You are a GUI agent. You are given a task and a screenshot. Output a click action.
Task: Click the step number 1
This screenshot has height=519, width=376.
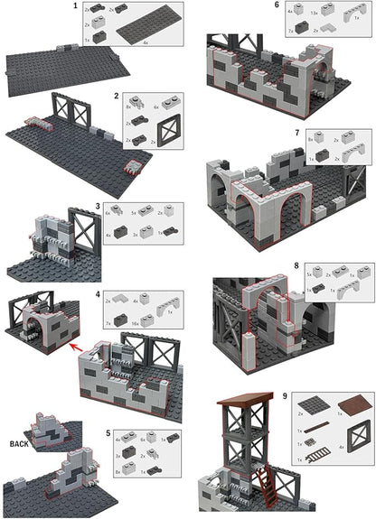76,7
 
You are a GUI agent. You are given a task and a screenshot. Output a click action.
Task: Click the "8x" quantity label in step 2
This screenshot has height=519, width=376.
127,106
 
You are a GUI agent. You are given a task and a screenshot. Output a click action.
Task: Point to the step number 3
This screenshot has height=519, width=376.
99,209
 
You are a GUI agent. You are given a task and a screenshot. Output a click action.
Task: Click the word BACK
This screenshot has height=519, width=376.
20,445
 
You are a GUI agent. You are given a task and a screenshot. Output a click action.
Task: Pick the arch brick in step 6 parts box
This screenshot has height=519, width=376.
349,14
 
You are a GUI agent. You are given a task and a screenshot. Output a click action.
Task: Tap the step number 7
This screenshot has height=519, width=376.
296,133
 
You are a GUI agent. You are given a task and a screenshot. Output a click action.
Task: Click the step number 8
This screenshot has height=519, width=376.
296,267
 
